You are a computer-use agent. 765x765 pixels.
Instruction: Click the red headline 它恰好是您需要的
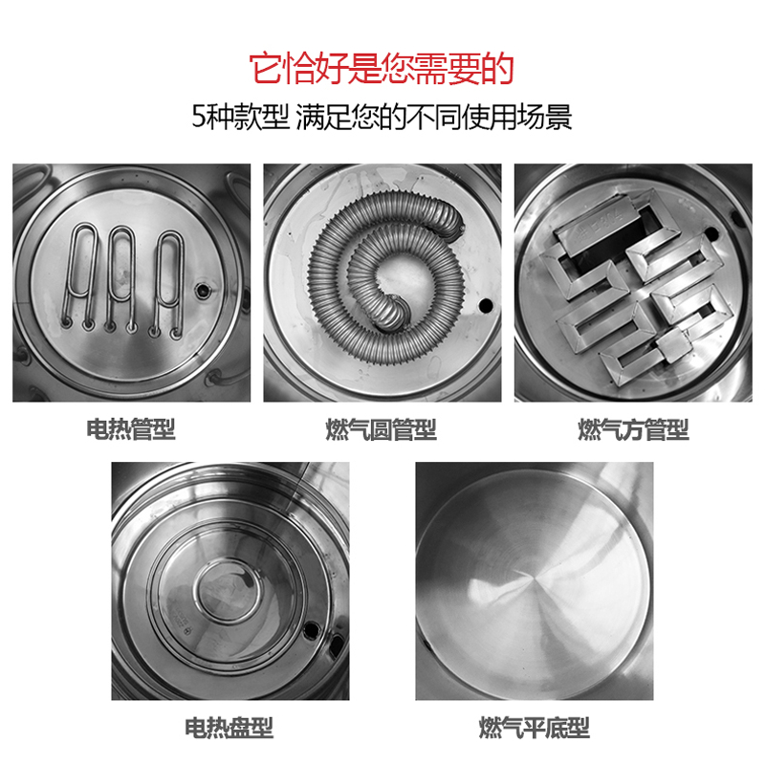(382, 68)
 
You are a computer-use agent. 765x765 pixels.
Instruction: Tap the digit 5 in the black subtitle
(198, 117)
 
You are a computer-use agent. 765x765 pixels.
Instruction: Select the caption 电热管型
(131, 429)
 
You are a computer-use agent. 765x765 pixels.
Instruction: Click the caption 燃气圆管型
(381, 429)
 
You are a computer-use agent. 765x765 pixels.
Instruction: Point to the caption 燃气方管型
(633, 429)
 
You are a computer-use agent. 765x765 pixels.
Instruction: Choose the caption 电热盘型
(229, 728)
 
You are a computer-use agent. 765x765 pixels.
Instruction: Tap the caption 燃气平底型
(535, 728)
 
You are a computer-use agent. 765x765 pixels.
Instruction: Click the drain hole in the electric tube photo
(203, 291)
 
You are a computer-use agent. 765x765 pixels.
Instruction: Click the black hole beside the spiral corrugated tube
(486, 305)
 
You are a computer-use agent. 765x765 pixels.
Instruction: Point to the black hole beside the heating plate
(310, 630)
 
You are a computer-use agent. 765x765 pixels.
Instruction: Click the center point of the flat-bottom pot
(531, 579)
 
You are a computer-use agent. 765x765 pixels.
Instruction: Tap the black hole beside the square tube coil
(711, 233)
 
